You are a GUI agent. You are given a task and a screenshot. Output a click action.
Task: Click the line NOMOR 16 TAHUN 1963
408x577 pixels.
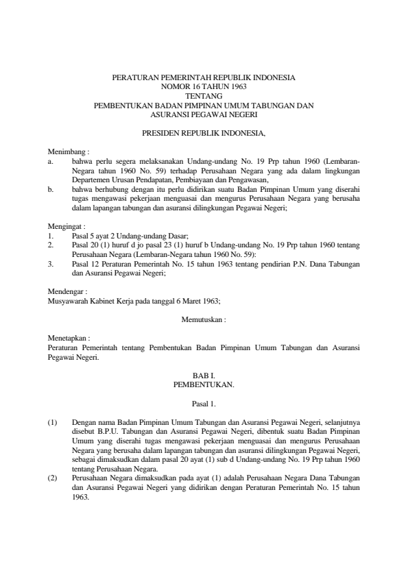[204, 88]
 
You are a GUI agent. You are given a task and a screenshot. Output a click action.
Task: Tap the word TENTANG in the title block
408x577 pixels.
[204, 97]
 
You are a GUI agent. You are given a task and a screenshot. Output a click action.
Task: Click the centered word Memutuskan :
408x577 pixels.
[204, 319]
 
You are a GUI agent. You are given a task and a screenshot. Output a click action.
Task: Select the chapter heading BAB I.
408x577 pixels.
[204, 376]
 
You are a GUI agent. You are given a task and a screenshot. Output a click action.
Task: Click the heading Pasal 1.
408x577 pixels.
[204, 404]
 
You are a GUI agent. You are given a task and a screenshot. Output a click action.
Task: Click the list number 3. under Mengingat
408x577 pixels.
[51, 262]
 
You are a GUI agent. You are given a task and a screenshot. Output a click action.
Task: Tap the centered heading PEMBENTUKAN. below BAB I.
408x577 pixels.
[204, 384]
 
